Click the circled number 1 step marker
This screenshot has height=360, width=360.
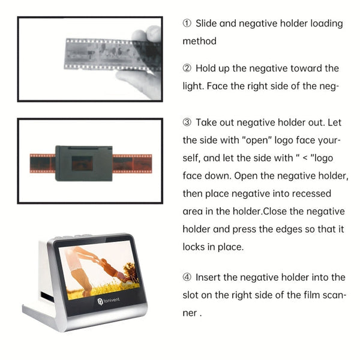(187, 24)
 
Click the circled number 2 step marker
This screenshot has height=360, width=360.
(187, 68)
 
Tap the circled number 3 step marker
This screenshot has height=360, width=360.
(187, 122)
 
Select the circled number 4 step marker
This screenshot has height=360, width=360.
(187, 277)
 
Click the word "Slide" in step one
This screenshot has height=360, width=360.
(208, 24)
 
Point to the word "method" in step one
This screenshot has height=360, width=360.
(200, 42)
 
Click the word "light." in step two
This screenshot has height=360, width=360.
(193, 86)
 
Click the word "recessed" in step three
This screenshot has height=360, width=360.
(327, 194)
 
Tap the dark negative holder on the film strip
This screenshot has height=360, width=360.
(84, 163)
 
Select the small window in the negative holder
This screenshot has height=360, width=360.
(82, 163)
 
